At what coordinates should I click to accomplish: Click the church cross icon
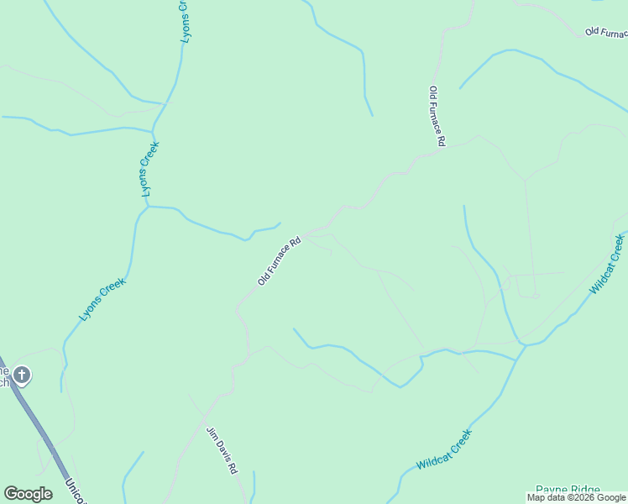coord(22,375)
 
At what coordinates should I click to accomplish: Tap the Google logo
coord(28,494)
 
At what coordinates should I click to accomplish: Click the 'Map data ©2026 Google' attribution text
coord(576,497)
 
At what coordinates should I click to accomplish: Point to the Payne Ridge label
coord(568,491)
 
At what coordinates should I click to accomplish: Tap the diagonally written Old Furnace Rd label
coord(279,261)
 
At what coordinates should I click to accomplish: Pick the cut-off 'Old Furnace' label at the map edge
coord(605,32)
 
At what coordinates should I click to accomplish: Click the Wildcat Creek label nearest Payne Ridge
coord(444,449)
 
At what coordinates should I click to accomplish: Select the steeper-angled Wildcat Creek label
coord(607,264)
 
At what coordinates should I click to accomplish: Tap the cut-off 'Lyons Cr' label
coord(185,21)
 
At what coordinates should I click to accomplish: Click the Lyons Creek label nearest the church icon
coord(102,299)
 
